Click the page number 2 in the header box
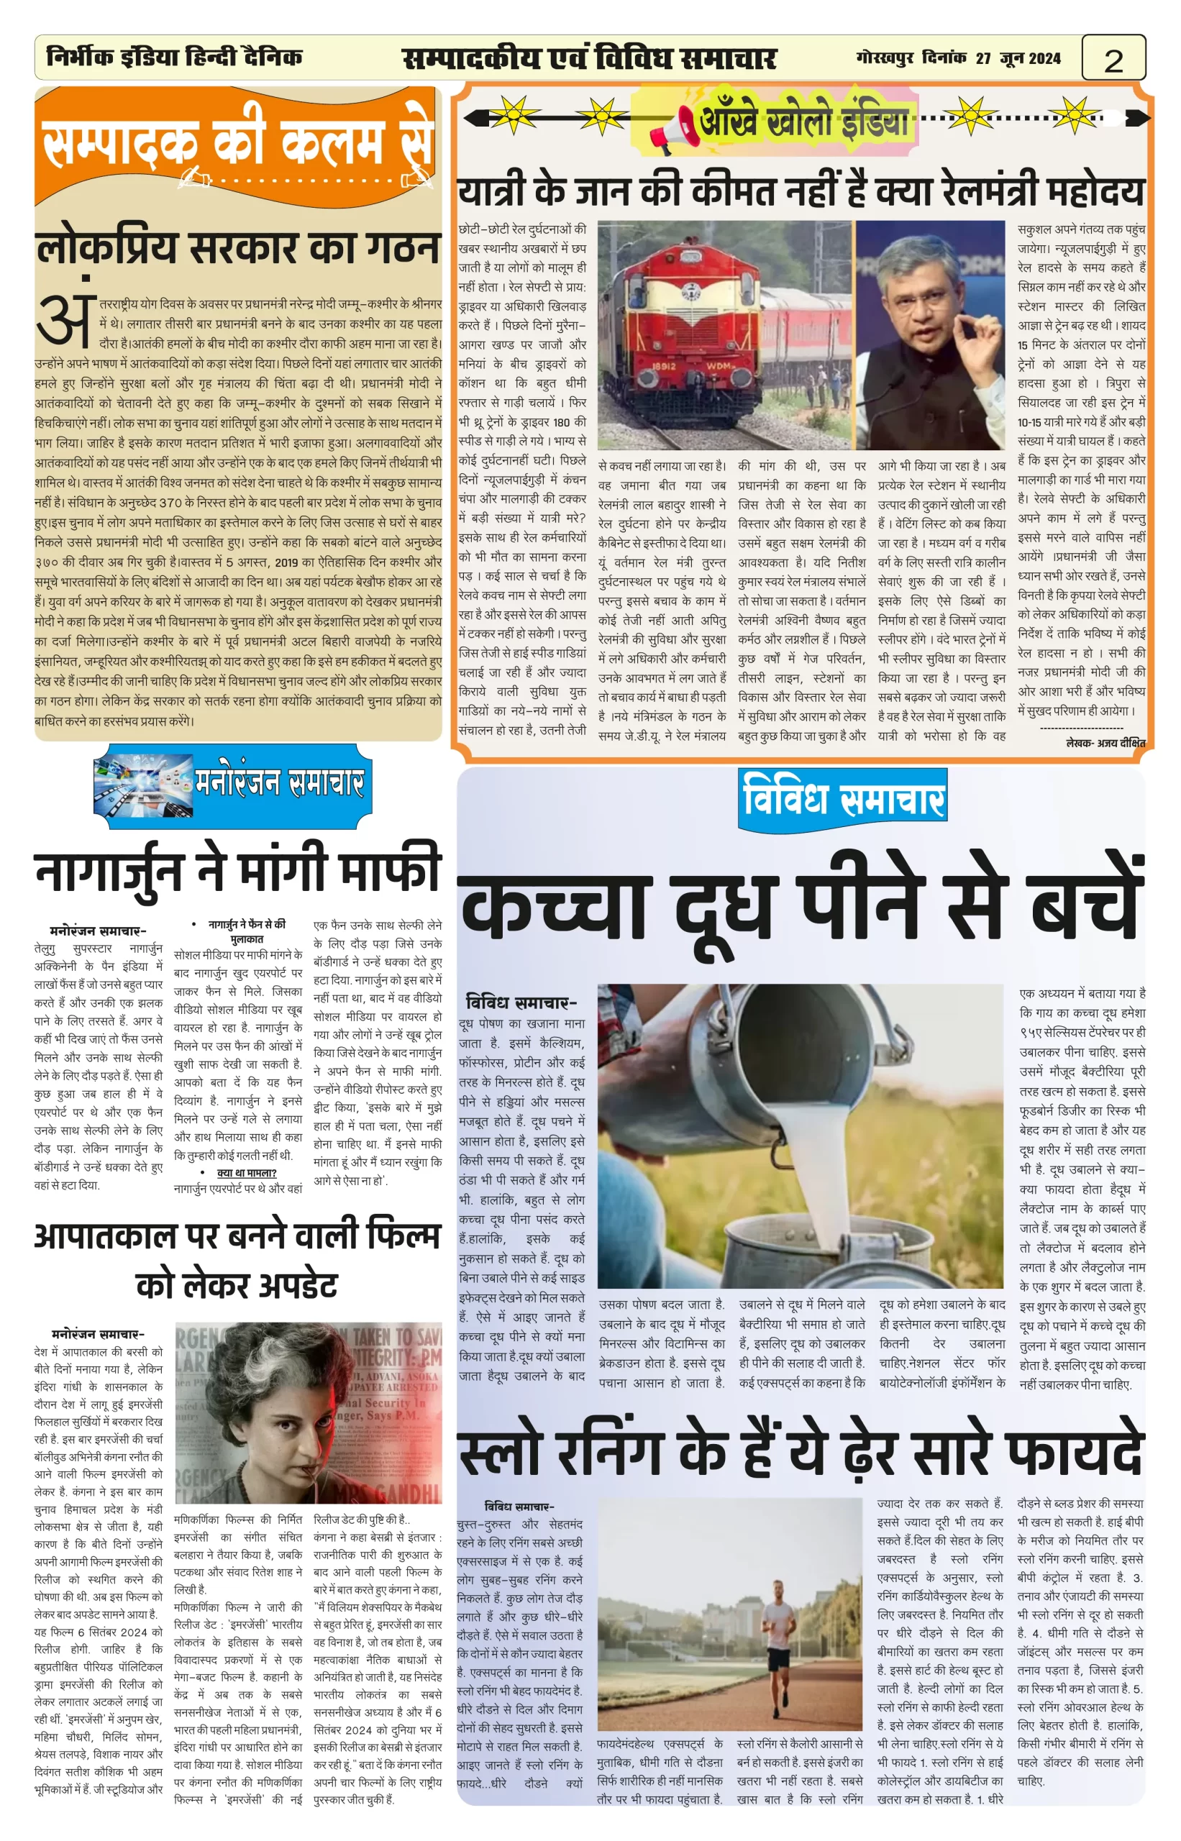[x=1113, y=60]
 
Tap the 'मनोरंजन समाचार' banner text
[x=279, y=784]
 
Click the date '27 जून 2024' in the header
[x=1018, y=58]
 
